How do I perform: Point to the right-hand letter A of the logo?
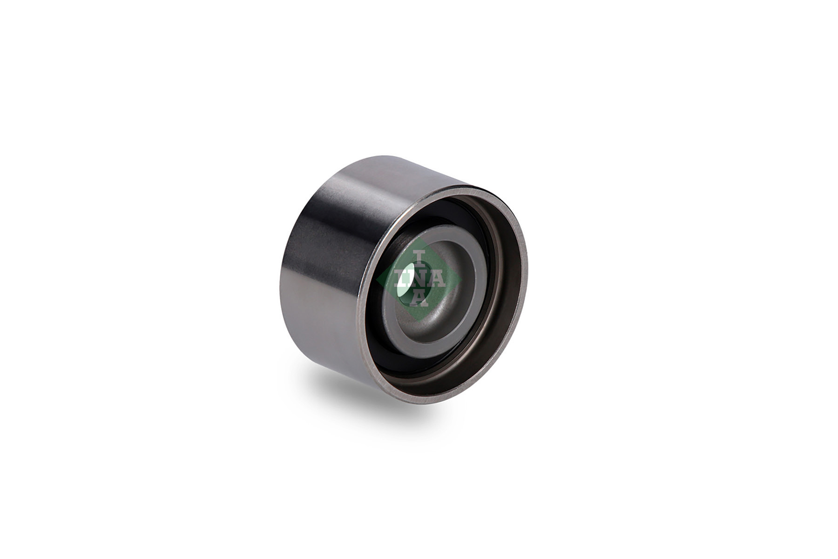(x=438, y=279)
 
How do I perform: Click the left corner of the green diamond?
(x=378, y=279)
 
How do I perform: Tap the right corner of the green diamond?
(x=460, y=279)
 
